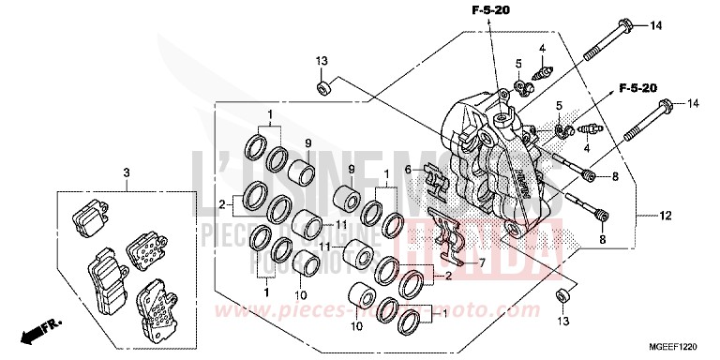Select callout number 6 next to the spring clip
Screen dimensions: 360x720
pos(408,169)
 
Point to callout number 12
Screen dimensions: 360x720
pos(639,217)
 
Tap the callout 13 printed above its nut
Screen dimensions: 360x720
pos(321,61)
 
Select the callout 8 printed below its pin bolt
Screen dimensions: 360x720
pos(603,239)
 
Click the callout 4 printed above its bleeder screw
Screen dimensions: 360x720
pos(542,48)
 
